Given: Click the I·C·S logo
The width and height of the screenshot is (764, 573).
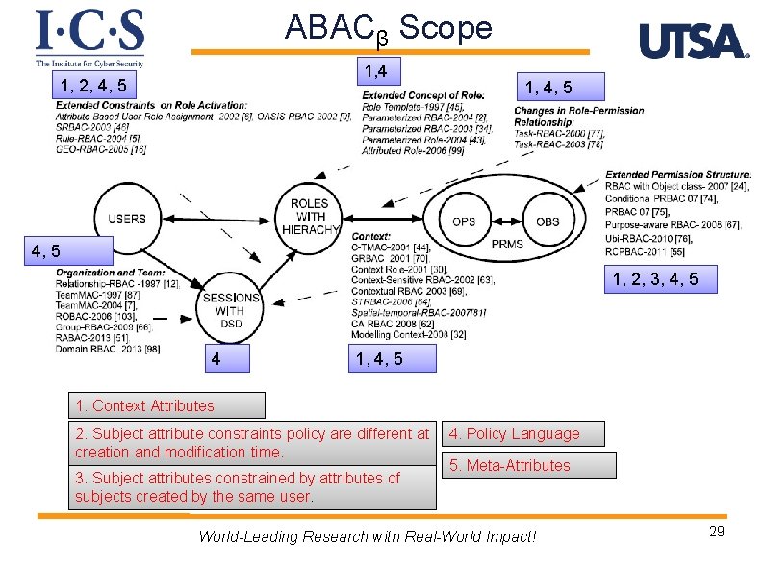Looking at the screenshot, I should [x=89, y=37].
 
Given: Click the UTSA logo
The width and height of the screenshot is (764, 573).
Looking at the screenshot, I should [x=693, y=40].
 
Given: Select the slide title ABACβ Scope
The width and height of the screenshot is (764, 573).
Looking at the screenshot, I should [x=388, y=29].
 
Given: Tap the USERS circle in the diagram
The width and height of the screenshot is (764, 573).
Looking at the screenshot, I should [x=127, y=219].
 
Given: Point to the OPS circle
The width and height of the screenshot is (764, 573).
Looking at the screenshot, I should [x=463, y=221].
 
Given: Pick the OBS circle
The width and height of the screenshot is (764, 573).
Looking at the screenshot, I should [x=547, y=221].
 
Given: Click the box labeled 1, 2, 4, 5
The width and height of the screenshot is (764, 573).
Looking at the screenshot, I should [x=93, y=86].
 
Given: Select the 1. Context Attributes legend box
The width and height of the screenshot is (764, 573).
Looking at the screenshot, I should [x=167, y=405].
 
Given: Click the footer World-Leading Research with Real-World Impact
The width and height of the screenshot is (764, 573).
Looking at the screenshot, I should [x=367, y=536].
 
